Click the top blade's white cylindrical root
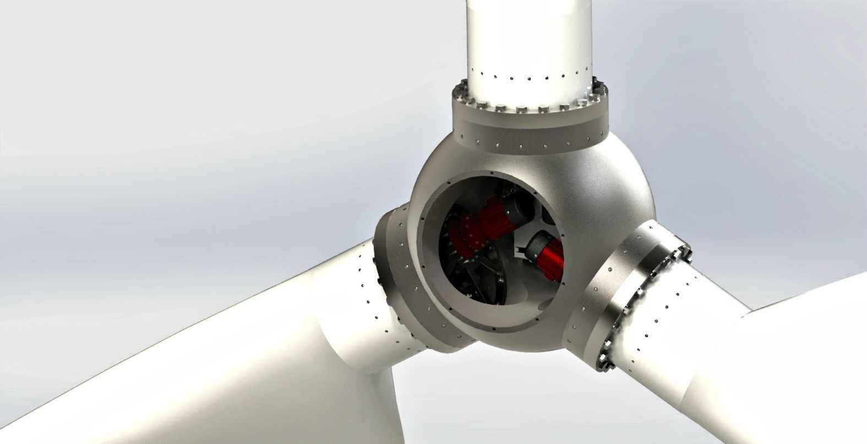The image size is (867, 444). coord(530,39)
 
